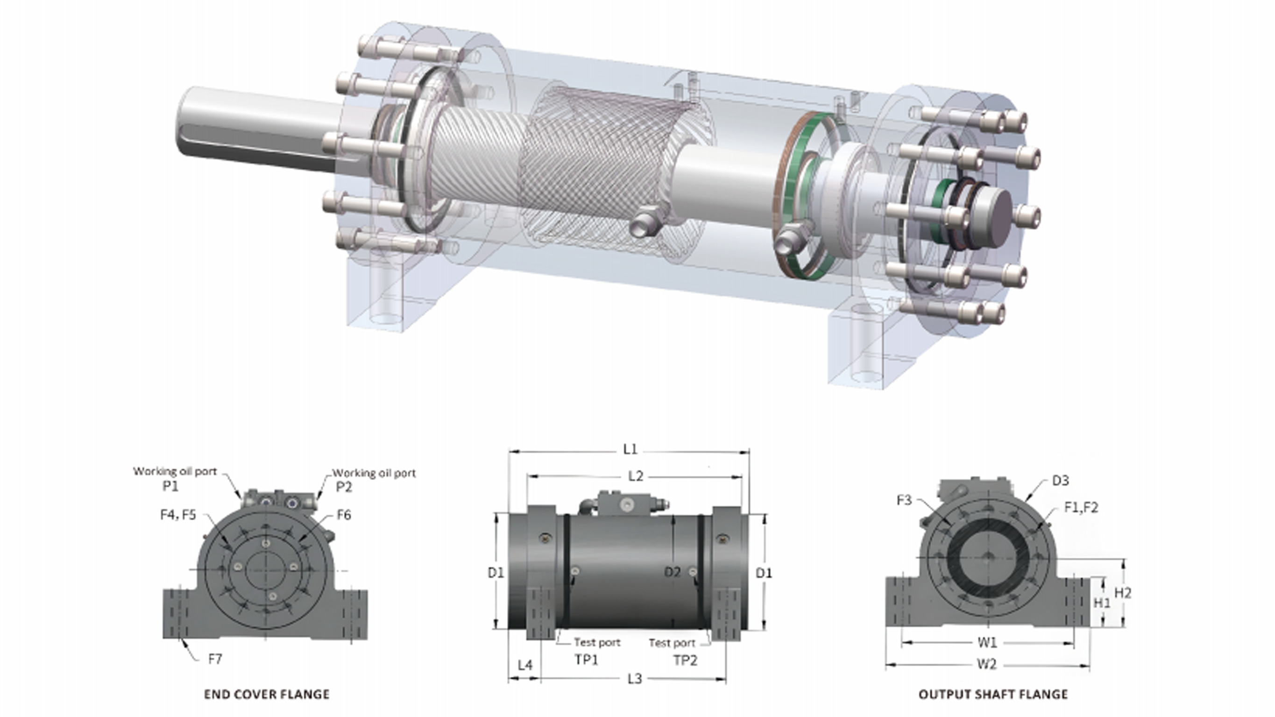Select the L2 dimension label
[x=636, y=476]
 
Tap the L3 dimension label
[x=635, y=678]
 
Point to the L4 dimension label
[x=525, y=665]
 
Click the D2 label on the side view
[x=672, y=572]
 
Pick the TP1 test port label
[x=587, y=660]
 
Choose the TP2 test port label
[x=686, y=660]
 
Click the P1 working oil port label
[x=170, y=486]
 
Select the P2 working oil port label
[x=344, y=487]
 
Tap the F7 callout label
[x=215, y=659]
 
